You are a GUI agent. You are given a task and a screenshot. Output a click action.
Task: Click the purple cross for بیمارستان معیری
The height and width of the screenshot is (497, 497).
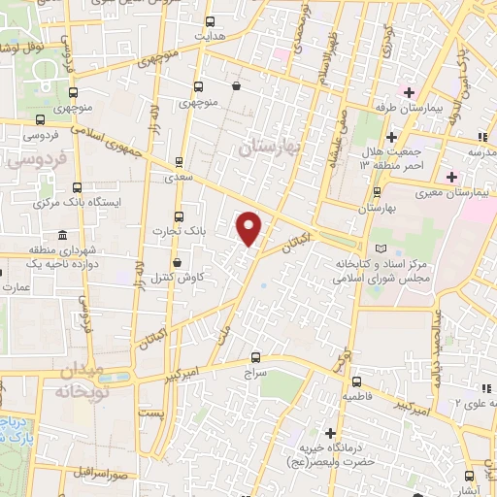point(450,177)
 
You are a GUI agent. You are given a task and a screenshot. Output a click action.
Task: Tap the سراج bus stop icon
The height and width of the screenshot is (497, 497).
point(255,356)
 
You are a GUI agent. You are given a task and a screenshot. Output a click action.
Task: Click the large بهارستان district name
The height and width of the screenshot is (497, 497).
point(270,145)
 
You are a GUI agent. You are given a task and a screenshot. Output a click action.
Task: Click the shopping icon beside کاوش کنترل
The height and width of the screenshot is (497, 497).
point(176,262)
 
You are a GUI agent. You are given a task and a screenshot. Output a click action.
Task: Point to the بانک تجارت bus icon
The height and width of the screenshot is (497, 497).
point(177,216)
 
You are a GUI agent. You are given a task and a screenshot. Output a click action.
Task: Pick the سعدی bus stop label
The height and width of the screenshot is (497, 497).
point(178,177)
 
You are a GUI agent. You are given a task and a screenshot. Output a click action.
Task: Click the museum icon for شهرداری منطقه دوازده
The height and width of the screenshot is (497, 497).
point(62,236)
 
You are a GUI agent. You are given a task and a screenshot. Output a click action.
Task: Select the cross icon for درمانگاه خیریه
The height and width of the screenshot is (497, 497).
point(330,432)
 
